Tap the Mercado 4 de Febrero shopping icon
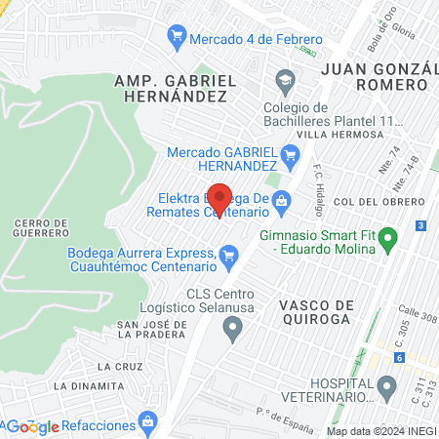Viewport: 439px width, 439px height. coord(177,38)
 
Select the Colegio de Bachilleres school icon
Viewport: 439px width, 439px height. coord(285,79)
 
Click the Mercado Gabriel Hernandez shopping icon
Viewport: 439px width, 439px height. coord(289,153)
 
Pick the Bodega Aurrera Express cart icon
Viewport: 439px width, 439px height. coord(229,258)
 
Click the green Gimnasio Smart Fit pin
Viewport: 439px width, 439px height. coord(387,237)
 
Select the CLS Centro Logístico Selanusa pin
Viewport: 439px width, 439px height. coord(232,328)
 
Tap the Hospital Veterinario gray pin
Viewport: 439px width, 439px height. coord(387,388)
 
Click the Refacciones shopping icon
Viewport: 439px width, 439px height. coord(147,421)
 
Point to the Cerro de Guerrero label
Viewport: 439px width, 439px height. coord(42,228)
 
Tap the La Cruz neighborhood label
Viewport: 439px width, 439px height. coord(114,366)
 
